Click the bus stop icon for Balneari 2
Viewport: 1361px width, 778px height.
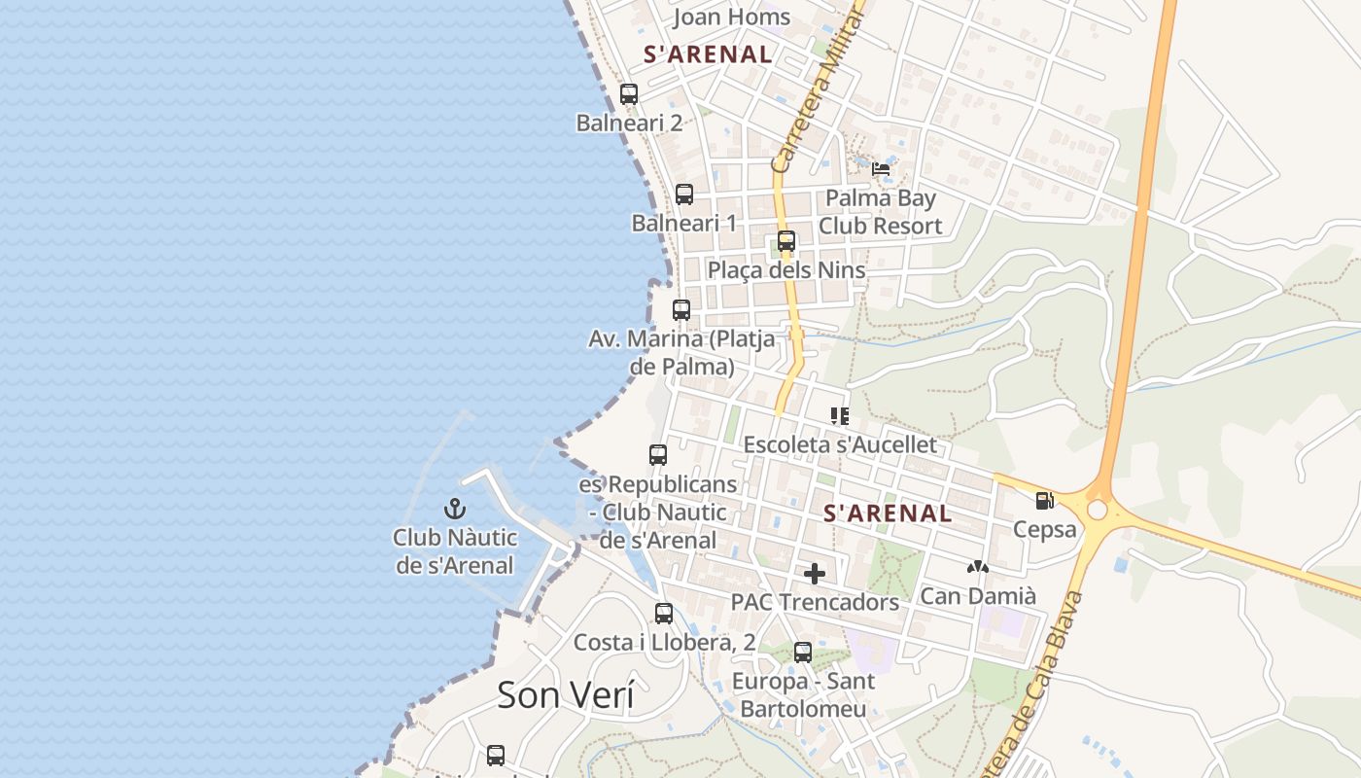pos(629,94)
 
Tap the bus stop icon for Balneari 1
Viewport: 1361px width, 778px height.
pos(684,194)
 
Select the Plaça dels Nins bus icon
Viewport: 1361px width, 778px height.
pos(786,241)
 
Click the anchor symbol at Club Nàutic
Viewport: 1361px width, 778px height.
pos(455,509)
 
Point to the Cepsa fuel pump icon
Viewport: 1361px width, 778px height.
pos(1045,501)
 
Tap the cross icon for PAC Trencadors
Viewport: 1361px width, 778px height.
pos(815,574)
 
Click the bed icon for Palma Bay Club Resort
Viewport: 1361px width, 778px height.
pos(881,168)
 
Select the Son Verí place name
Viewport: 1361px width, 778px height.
pos(565,694)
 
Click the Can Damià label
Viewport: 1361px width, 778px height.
pos(978,595)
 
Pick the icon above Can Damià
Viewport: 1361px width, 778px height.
pos(978,566)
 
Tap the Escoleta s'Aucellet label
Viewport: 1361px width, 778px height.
pos(840,444)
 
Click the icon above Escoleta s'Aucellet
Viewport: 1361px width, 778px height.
pos(840,416)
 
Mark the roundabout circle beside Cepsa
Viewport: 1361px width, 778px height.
pos(1098,510)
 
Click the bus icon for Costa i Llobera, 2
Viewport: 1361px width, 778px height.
pos(664,614)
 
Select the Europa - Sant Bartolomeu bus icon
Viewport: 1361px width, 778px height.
pos(803,653)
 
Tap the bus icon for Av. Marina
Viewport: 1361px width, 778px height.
pos(681,310)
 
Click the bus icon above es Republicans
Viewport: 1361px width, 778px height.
pos(658,454)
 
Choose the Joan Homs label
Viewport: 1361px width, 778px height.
pos(731,17)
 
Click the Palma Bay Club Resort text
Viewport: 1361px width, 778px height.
pos(880,212)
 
